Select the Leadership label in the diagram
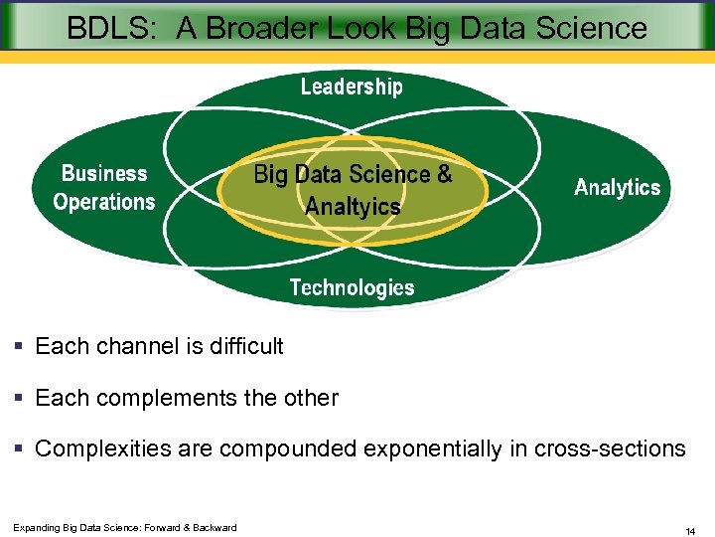[352, 87]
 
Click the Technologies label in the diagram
[352, 288]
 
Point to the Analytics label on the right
[617, 188]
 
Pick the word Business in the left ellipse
[104, 173]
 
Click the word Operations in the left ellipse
[104, 202]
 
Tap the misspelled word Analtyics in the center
[353, 206]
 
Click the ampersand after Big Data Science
[444, 174]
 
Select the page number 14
[690, 532]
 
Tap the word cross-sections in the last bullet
[610, 448]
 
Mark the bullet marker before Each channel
[19, 347]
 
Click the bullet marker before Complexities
[19, 449]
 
